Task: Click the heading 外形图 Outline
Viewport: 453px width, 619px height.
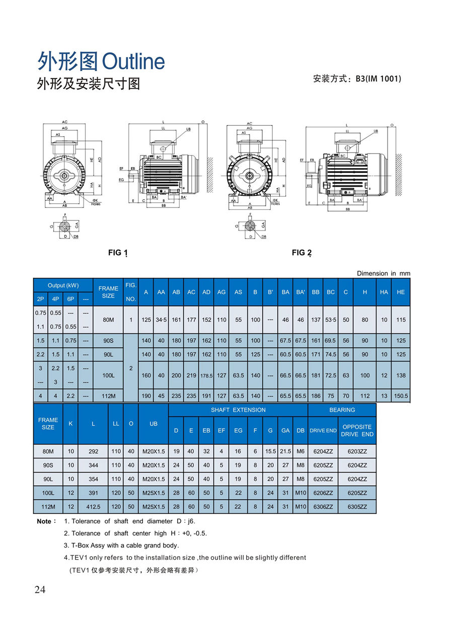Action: pos(101,61)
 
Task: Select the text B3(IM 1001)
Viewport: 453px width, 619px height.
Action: pos(378,79)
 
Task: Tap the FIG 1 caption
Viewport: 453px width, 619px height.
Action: pos(118,253)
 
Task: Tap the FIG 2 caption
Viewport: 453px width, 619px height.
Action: pos(301,253)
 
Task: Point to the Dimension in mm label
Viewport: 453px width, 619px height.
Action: pos(384,273)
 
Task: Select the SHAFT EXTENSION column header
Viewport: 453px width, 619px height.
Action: pos(238,410)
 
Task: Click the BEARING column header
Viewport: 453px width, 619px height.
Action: pos(342,410)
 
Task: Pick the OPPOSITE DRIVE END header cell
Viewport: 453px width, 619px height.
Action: pos(357,430)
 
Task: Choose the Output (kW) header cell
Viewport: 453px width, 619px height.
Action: pos(63,285)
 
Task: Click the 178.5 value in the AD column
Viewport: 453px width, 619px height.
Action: pos(206,375)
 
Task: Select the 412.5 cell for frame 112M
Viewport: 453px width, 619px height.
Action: pos(93,506)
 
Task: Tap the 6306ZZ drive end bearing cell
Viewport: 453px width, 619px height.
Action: pos(323,506)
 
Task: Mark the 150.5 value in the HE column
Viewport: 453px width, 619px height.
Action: pos(401,396)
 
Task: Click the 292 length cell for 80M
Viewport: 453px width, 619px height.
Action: pos(93,451)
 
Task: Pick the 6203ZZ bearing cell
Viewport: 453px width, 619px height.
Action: pos(357,451)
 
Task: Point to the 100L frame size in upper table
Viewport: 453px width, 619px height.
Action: pos(108,375)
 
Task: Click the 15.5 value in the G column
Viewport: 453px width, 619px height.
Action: pos(270,451)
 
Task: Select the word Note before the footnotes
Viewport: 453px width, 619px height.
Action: pos(44,521)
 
